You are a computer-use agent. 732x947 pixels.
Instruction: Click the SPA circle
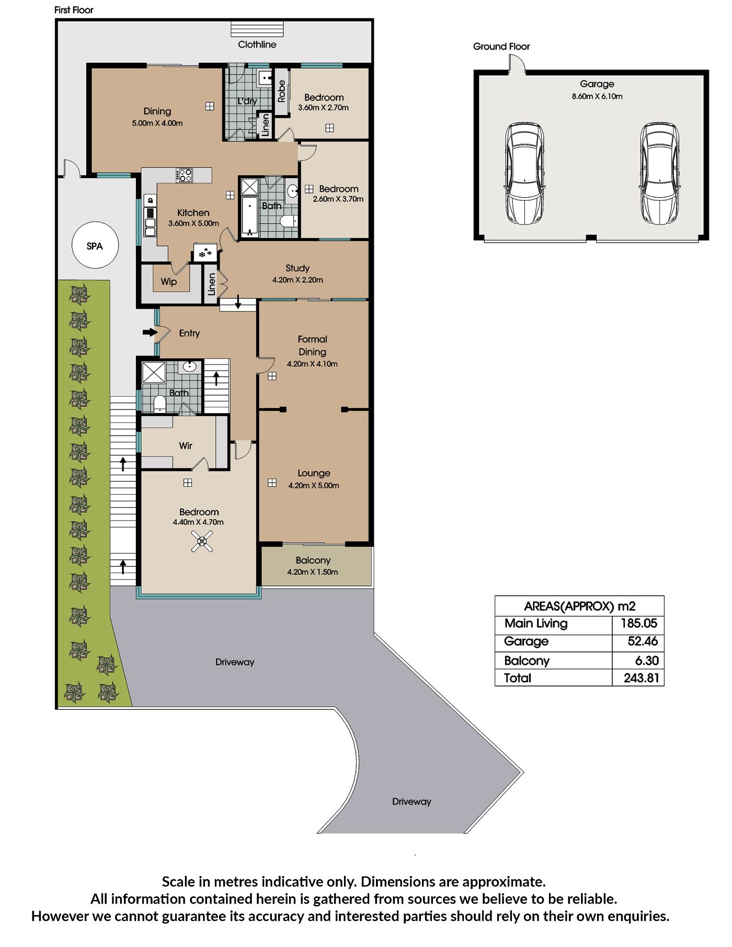[95, 245]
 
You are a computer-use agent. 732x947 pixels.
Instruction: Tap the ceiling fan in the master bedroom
[202, 541]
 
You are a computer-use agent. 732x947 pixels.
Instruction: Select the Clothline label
[257, 44]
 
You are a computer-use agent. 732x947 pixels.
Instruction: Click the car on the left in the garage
[524, 174]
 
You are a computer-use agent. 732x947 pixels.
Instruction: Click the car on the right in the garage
[660, 174]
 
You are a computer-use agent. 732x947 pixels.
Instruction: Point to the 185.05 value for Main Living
[638, 623]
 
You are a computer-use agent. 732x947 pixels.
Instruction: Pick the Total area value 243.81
[641, 678]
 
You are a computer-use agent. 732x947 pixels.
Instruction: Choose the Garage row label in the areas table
[526, 642]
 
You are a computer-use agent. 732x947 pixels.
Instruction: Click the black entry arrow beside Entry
[150, 332]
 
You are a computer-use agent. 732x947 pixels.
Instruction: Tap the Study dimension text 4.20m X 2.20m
[298, 280]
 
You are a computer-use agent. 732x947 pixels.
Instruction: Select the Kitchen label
[193, 213]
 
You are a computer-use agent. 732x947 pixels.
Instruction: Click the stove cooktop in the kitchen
[184, 175]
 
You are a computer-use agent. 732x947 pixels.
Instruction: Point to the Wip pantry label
[168, 282]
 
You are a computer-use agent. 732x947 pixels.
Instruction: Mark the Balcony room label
[313, 561]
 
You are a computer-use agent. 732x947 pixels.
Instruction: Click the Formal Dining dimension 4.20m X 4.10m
[312, 364]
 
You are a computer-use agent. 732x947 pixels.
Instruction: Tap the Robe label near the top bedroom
[282, 91]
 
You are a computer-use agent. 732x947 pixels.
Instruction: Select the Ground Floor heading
[501, 47]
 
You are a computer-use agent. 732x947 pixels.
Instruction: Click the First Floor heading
[74, 10]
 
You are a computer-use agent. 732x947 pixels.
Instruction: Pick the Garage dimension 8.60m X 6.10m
[597, 96]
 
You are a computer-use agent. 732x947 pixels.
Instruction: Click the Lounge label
[314, 473]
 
